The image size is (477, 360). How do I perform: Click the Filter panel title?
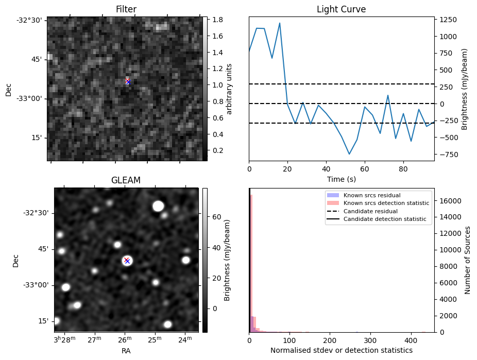(x=126, y=10)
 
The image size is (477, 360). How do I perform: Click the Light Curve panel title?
(x=341, y=10)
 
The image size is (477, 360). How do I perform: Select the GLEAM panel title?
(x=126, y=180)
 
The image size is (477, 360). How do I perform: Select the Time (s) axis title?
(x=341, y=179)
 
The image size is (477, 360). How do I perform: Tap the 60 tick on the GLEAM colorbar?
(x=217, y=217)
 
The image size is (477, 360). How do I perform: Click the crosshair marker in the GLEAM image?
(x=127, y=261)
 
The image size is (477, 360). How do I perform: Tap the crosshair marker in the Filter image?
(x=128, y=82)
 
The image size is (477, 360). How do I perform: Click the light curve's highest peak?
(x=280, y=23)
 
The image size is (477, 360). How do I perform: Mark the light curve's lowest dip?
(x=349, y=154)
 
